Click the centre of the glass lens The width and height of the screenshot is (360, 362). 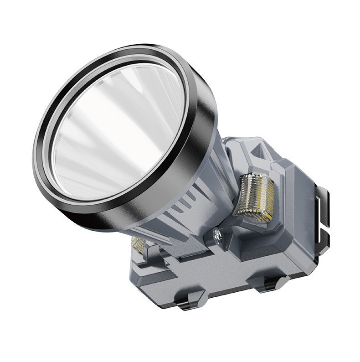[x=119, y=132]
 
